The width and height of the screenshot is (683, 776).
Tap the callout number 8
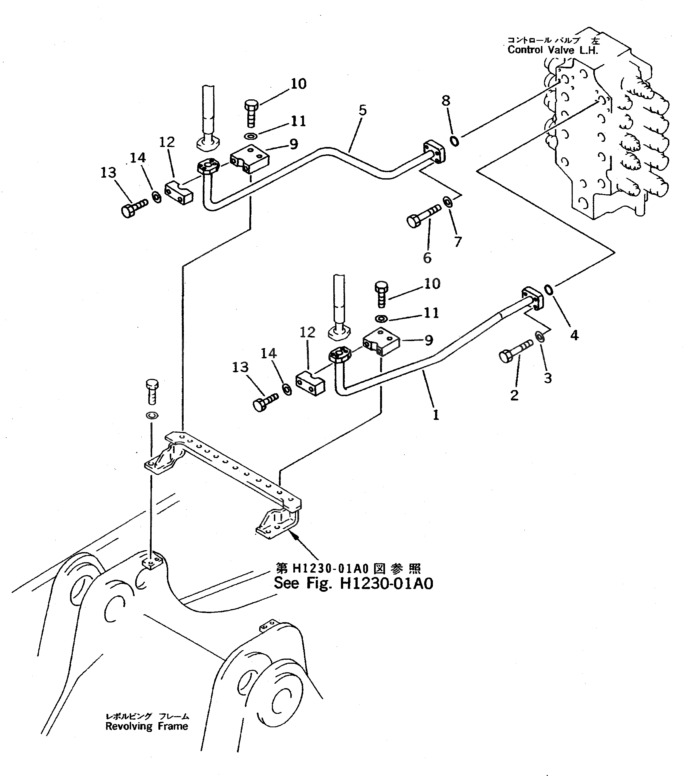(446, 101)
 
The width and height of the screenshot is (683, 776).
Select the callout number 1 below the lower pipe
(436, 415)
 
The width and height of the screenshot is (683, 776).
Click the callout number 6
(427, 258)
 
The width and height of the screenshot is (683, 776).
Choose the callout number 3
(548, 378)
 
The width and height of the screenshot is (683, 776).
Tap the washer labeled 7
(448, 202)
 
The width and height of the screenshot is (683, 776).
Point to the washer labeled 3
(540, 337)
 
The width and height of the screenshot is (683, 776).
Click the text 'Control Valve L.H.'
(552, 50)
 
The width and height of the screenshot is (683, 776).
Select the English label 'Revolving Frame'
(147, 726)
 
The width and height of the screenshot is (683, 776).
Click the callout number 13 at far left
(108, 173)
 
